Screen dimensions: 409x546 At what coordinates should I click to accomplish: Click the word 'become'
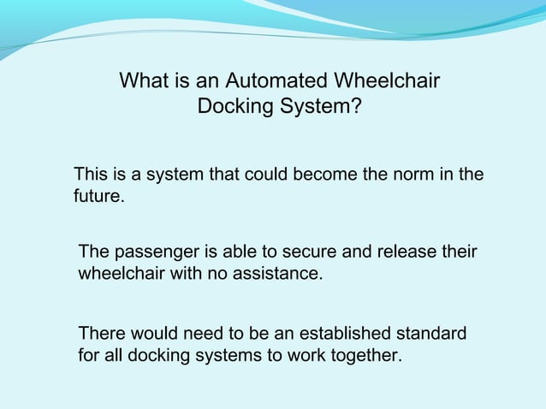325,175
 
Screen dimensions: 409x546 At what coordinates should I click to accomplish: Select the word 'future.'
98,199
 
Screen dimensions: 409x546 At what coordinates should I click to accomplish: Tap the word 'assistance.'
279,276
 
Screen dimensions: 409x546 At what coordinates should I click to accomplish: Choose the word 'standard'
430,332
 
